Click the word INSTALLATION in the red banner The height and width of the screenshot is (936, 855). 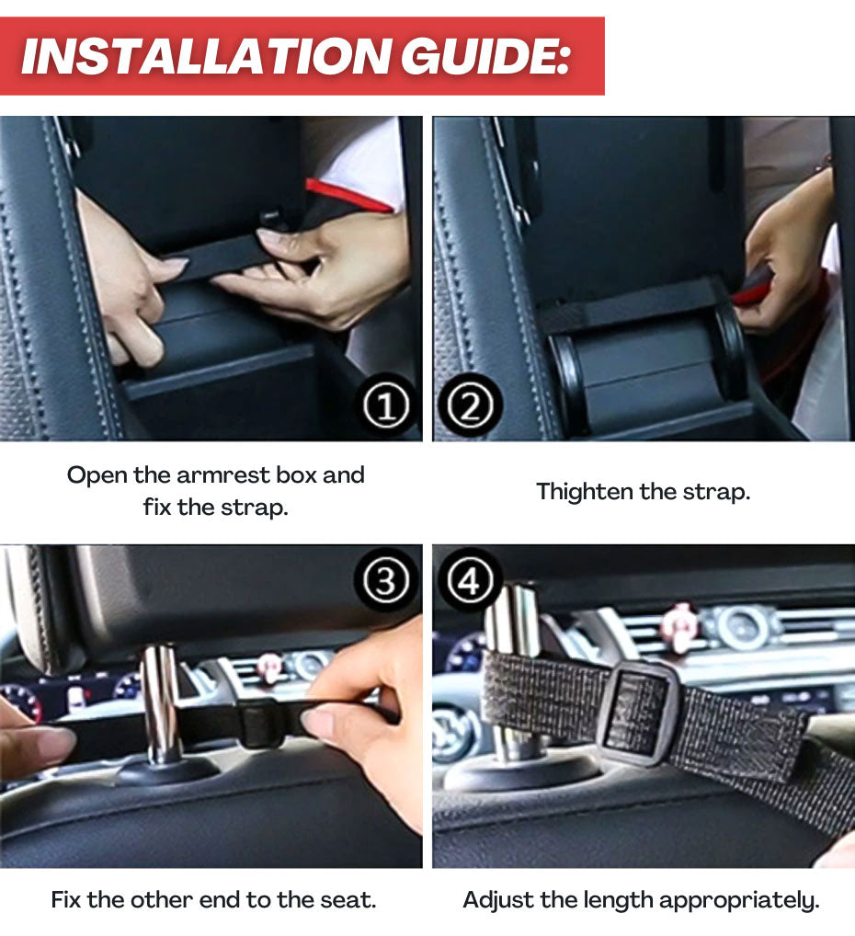click(x=206, y=56)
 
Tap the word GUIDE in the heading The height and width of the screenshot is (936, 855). click(x=485, y=56)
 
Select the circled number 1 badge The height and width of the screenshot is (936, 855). click(x=386, y=407)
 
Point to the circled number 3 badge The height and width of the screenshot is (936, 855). click(x=385, y=580)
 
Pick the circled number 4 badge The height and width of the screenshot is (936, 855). click(x=469, y=580)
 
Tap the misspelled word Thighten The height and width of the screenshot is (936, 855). click(x=585, y=493)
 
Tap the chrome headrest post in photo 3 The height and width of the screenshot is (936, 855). click(x=161, y=704)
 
